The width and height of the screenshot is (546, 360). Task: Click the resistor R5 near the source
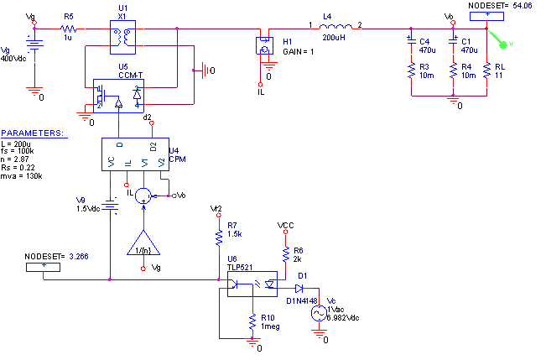click(x=69, y=29)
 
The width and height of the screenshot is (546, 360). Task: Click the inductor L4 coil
click(x=335, y=28)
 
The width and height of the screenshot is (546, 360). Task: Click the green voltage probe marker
click(x=503, y=44)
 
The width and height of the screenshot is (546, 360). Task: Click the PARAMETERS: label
click(x=31, y=133)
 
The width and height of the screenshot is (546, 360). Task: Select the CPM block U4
click(x=135, y=157)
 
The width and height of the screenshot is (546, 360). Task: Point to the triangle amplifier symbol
click(x=143, y=243)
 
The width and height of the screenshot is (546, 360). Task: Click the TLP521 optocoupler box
click(x=252, y=284)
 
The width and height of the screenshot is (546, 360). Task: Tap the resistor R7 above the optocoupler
click(x=219, y=239)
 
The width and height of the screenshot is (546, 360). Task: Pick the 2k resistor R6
click(x=285, y=253)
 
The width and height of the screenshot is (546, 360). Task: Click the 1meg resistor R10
click(x=252, y=322)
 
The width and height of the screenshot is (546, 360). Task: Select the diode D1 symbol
click(x=299, y=290)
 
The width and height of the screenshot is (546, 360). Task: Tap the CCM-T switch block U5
click(x=118, y=96)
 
